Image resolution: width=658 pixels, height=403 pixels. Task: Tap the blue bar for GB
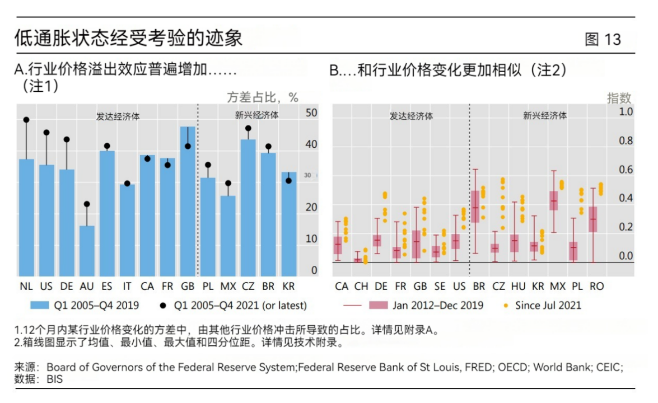point(188,201)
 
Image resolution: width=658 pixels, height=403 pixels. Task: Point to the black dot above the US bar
point(46,133)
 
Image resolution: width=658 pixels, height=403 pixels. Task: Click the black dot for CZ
point(248,128)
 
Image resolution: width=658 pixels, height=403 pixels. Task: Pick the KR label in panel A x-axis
point(288,286)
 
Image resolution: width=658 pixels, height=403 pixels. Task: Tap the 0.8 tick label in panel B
point(626,141)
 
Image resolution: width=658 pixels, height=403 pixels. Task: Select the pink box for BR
point(475,207)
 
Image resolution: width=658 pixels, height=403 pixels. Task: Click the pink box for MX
point(554,200)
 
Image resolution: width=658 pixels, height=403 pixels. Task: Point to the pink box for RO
point(594,219)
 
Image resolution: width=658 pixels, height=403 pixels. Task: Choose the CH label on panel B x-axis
point(361,286)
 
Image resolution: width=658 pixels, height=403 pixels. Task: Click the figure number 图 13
point(603,39)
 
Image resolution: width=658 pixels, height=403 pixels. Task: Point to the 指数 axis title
point(619,98)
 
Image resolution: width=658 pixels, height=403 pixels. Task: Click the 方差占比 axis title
point(262,97)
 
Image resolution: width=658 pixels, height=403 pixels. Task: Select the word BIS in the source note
point(55,379)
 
